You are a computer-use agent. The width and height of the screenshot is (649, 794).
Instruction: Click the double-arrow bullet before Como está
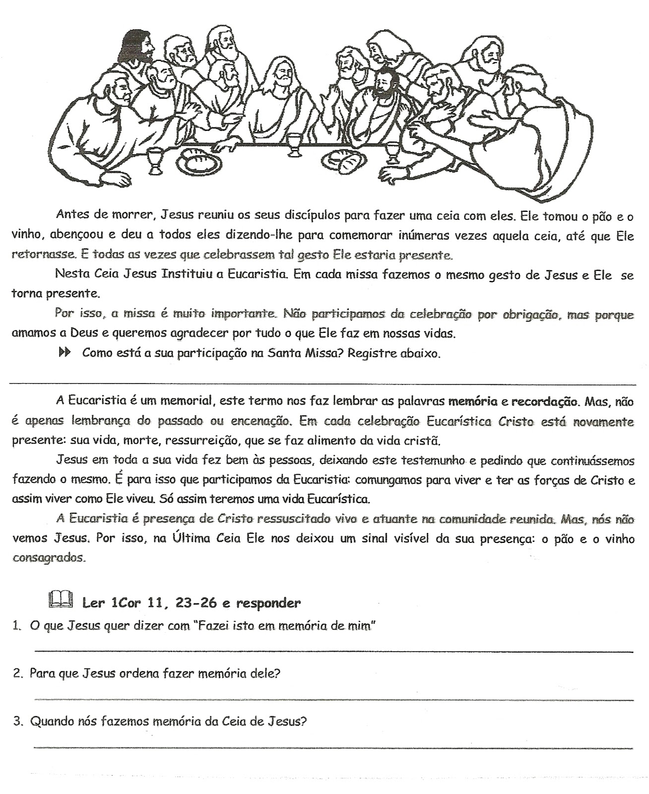(64, 353)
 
